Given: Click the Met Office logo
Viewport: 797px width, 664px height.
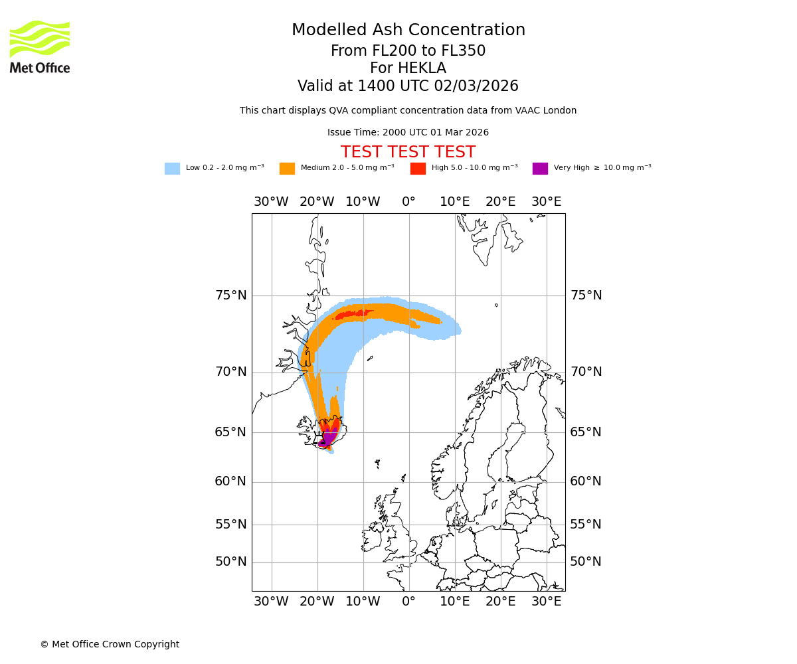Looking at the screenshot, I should pyautogui.click(x=40, y=46).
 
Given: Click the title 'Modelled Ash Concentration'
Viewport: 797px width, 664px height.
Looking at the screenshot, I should pyautogui.click(x=408, y=31).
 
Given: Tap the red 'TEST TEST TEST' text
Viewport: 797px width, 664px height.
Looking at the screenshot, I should pyautogui.click(x=408, y=153).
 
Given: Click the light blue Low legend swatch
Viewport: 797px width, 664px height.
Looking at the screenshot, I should pyautogui.click(x=172, y=169).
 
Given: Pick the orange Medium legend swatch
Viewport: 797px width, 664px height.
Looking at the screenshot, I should pyautogui.click(x=287, y=169).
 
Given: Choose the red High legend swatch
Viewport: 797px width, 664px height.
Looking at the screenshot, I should pyautogui.click(x=418, y=169).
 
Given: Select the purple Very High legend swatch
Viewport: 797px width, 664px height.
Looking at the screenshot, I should pyautogui.click(x=540, y=169).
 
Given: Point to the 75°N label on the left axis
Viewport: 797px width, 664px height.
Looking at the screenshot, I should pyautogui.click(x=230, y=295).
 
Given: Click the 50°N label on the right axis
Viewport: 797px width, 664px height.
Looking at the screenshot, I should pyautogui.click(x=586, y=562).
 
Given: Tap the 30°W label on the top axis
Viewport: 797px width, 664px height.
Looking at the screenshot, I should pyautogui.click(x=271, y=202).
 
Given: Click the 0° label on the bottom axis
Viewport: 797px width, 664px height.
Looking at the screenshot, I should pyautogui.click(x=408, y=602).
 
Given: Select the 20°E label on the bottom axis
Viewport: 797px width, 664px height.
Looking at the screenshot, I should pyautogui.click(x=500, y=602).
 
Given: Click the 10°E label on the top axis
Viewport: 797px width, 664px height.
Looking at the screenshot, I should pyautogui.click(x=454, y=202).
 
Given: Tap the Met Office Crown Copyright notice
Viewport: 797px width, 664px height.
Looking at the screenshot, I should pyautogui.click(x=110, y=645).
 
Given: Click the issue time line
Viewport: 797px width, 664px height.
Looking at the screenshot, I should pyautogui.click(x=408, y=133).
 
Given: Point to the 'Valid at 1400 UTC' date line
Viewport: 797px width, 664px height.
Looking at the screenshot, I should pyautogui.click(x=408, y=86).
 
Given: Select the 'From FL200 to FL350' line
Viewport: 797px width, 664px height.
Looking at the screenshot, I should pyautogui.click(x=408, y=51).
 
